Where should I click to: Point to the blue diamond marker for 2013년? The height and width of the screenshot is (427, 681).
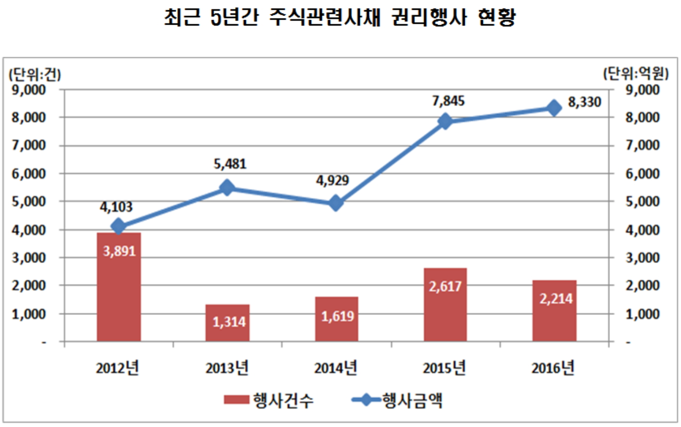(x=227, y=188)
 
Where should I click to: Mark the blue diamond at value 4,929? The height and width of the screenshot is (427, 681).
(x=336, y=203)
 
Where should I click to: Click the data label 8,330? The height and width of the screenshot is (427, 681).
(x=584, y=103)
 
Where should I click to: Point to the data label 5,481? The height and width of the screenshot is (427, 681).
(x=230, y=165)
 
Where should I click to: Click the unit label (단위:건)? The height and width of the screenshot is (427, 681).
(x=34, y=74)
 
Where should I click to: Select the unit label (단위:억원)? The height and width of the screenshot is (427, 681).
(x=636, y=74)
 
